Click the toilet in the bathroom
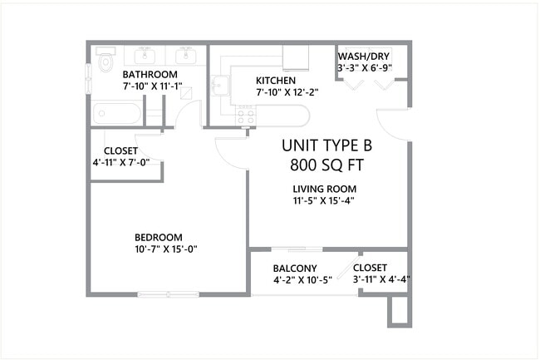pos(105,62)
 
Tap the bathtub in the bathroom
pos(117,112)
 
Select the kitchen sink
pos(220,86)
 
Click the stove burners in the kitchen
pos(245,115)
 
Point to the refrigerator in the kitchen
pos(295,57)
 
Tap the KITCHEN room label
pos(276,80)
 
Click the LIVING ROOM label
pos(324,189)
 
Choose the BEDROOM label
pos(158,237)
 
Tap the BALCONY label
pos(295,268)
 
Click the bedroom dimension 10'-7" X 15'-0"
pos(165,249)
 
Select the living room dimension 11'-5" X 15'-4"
pos(324,200)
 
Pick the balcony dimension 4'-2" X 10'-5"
pos(302,279)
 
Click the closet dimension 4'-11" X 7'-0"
pos(121,162)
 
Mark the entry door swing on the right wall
pos(395,125)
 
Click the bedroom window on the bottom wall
pos(168,293)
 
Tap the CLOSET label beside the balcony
pos(370,268)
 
